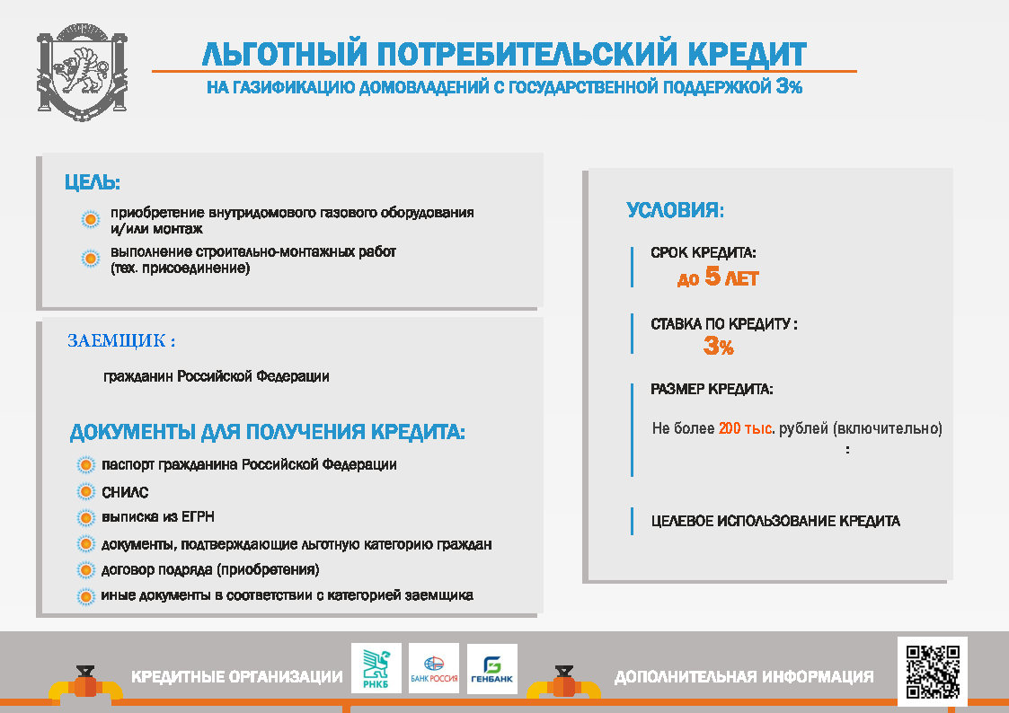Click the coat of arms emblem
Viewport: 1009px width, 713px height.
pyautogui.click(x=83, y=72)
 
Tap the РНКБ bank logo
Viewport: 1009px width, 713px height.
pyautogui.click(x=376, y=668)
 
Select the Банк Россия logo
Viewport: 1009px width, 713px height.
pyautogui.click(x=434, y=668)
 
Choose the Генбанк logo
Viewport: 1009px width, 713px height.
pyautogui.click(x=492, y=669)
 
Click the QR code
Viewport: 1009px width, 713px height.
pyautogui.click(x=933, y=672)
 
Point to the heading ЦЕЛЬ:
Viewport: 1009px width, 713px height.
pyautogui.click(x=93, y=182)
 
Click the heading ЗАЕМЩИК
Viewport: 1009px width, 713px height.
pyautogui.click(x=121, y=340)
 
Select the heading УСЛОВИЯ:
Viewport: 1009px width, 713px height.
pyautogui.click(x=675, y=209)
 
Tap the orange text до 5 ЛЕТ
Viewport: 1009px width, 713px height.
pyautogui.click(x=718, y=277)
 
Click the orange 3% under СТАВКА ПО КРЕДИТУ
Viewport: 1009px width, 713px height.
pyautogui.click(x=718, y=346)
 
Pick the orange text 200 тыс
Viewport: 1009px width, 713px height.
pyautogui.click(x=745, y=428)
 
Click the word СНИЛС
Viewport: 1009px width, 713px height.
pyautogui.click(x=125, y=492)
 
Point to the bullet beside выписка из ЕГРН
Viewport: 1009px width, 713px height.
pyautogui.click(x=85, y=517)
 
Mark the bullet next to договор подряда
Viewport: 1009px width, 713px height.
pyautogui.click(x=85, y=570)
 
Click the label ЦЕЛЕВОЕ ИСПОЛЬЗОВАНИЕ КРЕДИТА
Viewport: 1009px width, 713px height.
pyautogui.click(x=775, y=521)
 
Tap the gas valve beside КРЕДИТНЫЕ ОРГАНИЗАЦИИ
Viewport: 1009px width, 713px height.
pyautogui.click(x=85, y=684)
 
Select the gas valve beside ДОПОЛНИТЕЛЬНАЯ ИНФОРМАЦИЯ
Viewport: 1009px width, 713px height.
pyautogui.click(x=564, y=684)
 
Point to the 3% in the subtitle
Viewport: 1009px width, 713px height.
pyautogui.click(x=789, y=86)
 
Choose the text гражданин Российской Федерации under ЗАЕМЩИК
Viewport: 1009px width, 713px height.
pyautogui.click(x=217, y=376)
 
